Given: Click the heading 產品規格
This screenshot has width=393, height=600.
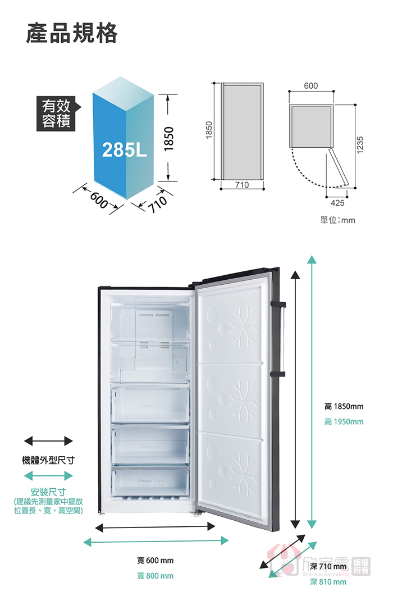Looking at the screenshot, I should (72, 34).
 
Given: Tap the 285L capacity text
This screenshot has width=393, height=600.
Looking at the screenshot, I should (124, 150).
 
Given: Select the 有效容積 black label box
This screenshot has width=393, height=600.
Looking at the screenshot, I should (57, 113).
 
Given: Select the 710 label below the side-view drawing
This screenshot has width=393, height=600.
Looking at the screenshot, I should (242, 184).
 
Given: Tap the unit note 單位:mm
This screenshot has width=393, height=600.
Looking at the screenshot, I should (337, 220).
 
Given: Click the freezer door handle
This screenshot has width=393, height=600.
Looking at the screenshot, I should (280, 339).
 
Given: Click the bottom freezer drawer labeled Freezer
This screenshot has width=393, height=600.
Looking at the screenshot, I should (150, 483).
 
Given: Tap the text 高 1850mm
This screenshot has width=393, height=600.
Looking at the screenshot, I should (344, 407).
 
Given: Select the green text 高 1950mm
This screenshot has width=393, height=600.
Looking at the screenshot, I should (344, 422).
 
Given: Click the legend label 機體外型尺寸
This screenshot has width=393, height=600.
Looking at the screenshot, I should (48, 461).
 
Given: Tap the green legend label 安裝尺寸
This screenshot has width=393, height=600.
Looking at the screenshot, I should (48, 493).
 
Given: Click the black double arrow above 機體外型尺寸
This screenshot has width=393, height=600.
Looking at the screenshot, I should (48, 440).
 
